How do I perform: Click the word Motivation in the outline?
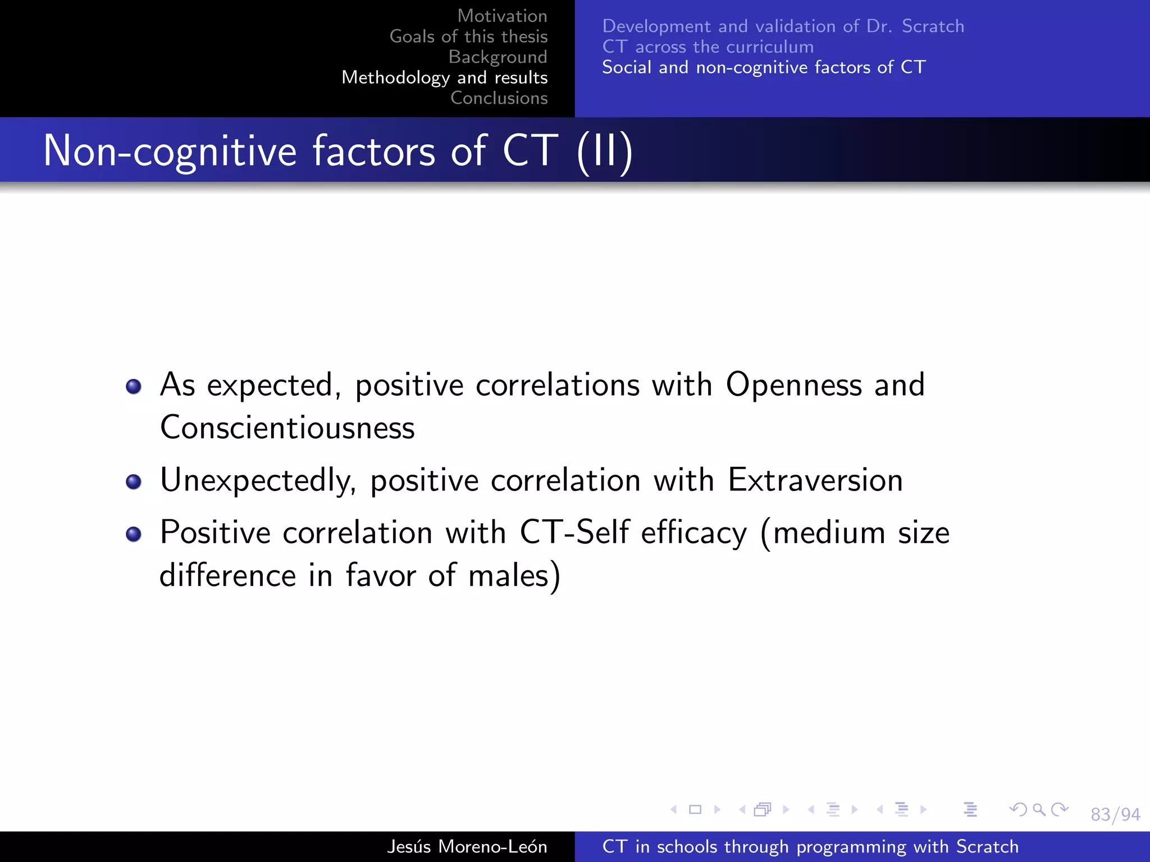502,16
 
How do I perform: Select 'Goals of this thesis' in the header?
468,36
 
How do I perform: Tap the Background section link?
498,57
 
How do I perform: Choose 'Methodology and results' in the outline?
444,77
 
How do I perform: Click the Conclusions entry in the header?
499,98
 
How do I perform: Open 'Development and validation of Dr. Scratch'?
783,26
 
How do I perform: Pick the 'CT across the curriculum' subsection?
708,47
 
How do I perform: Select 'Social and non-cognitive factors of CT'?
763,67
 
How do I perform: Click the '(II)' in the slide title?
605,152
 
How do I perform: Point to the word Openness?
793,385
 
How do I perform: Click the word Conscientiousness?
287,428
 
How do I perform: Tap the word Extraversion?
815,480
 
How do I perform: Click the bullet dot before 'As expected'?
134,386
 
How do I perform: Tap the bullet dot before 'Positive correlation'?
134,534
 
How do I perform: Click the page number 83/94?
1115,814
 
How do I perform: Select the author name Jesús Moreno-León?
467,846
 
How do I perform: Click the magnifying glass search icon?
1039,809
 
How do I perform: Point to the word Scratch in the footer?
987,846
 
